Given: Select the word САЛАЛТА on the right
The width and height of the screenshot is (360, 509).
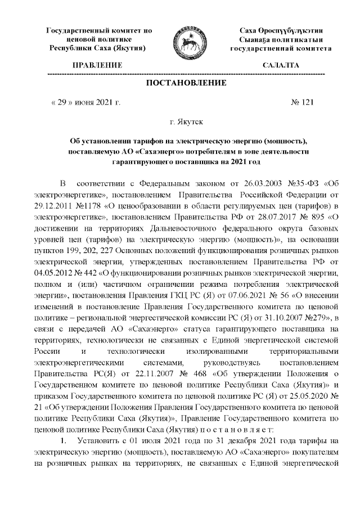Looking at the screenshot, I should pos(281,66).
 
